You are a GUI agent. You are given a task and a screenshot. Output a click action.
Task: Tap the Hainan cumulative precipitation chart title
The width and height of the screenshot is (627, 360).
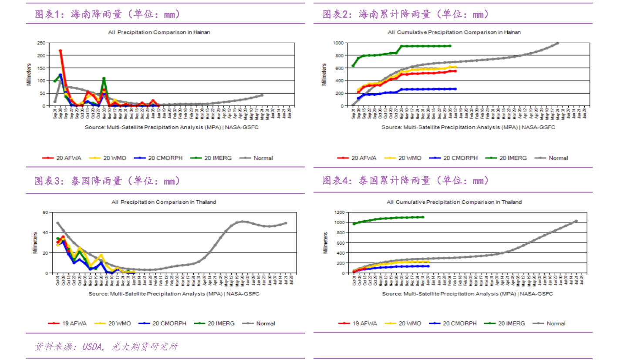pos(454,32)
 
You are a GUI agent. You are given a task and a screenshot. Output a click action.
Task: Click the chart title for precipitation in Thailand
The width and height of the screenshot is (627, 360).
pos(164,202)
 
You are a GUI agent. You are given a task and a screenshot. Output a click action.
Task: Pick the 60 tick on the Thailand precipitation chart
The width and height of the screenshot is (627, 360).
pos(44,212)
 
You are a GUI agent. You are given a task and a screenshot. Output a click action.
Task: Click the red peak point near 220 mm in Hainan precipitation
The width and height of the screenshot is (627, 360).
pos(61,51)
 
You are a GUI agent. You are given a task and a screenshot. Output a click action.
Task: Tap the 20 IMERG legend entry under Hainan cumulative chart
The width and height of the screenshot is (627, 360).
pos(512,158)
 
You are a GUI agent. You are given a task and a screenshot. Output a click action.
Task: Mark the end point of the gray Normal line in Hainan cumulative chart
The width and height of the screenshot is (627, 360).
pos(558,43)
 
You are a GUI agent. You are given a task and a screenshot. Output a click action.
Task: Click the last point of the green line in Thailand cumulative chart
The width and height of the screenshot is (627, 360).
pos(423,217)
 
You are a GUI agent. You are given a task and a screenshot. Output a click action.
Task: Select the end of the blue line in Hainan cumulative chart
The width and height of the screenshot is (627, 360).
pos(455,89)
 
